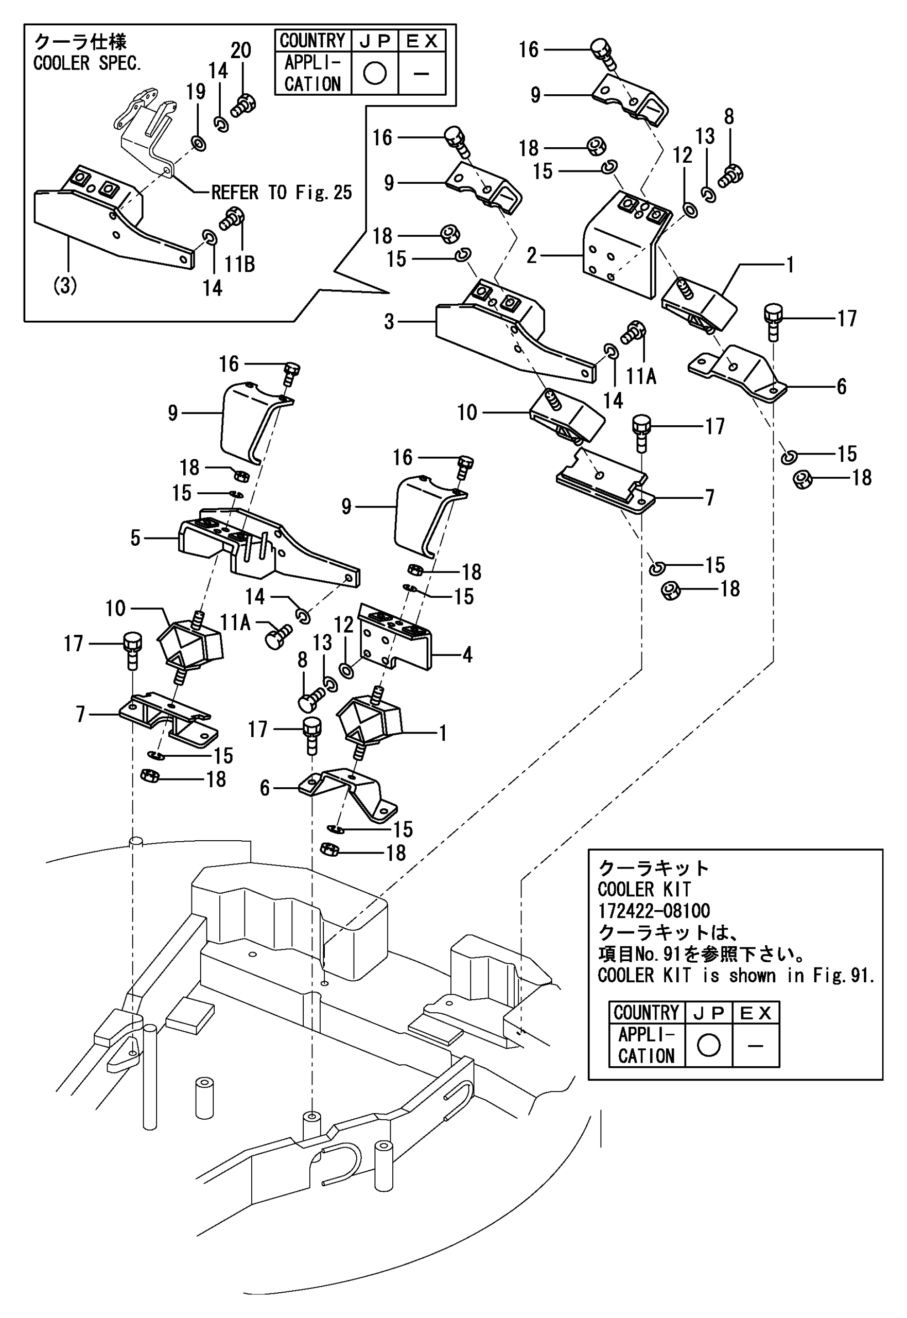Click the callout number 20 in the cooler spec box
[241, 50]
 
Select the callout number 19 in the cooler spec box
[196, 92]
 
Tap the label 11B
[239, 264]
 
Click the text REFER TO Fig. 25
[281, 193]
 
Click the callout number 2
[532, 256]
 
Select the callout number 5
[135, 537]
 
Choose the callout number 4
[467, 655]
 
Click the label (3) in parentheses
[65, 286]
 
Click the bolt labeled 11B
[231, 219]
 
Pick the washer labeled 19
[199, 143]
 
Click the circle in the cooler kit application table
[708, 1045]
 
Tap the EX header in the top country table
[422, 41]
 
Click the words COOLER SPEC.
[87, 63]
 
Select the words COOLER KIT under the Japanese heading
[644, 890]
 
